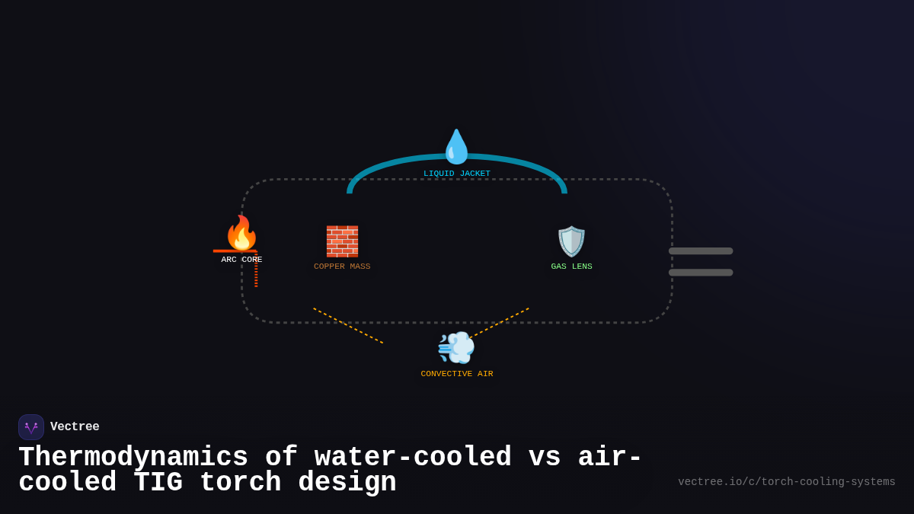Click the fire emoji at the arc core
tap(241, 233)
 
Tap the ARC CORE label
tap(241, 260)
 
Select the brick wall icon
tap(342, 241)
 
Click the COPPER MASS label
tap(342, 267)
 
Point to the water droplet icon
tap(457, 147)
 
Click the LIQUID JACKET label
tap(457, 174)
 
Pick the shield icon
tap(571, 241)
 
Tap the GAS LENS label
tap(571, 267)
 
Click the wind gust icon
tap(456, 348)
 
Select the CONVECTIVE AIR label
tap(457, 374)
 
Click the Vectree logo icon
tap(31, 427)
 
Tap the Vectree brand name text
tap(75, 427)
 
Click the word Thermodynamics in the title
tap(133, 458)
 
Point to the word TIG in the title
tap(158, 483)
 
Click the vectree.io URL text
tap(786, 482)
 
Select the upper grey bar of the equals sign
tap(701, 251)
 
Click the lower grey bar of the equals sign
tap(701, 273)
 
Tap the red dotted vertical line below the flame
tap(256, 271)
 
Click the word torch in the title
tap(232, 483)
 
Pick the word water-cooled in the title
tap(413, 458)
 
